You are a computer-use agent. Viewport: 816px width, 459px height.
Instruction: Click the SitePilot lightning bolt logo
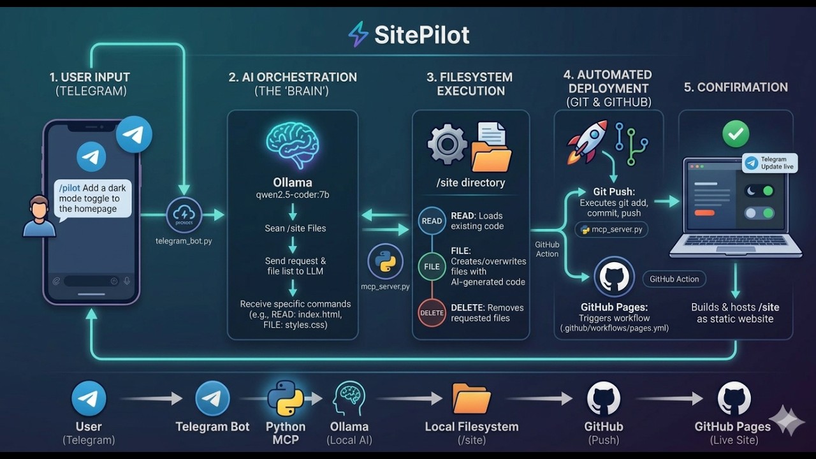coord(358,34)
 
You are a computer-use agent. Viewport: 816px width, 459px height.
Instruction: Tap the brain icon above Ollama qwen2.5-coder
coord(293,147)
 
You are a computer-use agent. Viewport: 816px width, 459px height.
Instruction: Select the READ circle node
coord(432,221)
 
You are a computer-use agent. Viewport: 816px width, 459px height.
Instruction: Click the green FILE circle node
coord(432,266)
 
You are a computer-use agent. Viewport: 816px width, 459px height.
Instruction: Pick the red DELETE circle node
coord(432,313)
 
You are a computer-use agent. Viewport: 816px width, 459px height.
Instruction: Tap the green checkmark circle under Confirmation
coord(735,134)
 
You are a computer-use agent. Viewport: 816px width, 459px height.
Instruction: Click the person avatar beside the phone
coord(39,216)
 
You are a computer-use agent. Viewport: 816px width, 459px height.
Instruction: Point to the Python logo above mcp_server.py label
coord(385,261)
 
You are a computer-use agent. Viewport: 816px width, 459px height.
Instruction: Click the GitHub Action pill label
coord(674,279)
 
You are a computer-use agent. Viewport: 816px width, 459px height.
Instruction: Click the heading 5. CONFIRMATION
coord(736,87)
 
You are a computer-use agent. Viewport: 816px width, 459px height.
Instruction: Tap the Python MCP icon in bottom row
coord(285,398)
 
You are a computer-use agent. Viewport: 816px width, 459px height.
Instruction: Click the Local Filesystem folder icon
coord(471,399)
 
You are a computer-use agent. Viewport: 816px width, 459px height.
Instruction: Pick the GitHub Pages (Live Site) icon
coord(734,398)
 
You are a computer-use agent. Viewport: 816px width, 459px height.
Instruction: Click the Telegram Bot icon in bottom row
coord(212,398)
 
